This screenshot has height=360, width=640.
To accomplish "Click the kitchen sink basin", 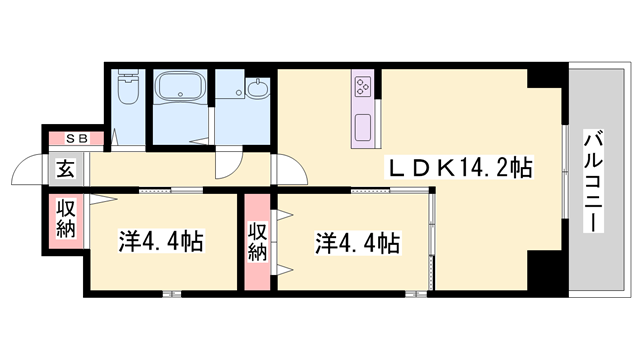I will tap(362, 128).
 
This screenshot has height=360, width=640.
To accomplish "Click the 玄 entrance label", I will tap(64, 168).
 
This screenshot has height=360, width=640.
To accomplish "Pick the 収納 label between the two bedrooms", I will tap(257, 240).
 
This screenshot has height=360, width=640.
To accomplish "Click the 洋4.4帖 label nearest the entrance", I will tap(163, 241).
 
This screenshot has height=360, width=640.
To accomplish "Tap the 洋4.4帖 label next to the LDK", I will tap(359, 241).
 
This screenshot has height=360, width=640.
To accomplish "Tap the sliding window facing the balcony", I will tap(567, 180).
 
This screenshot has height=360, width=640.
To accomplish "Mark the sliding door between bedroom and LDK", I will tap(433, 240).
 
